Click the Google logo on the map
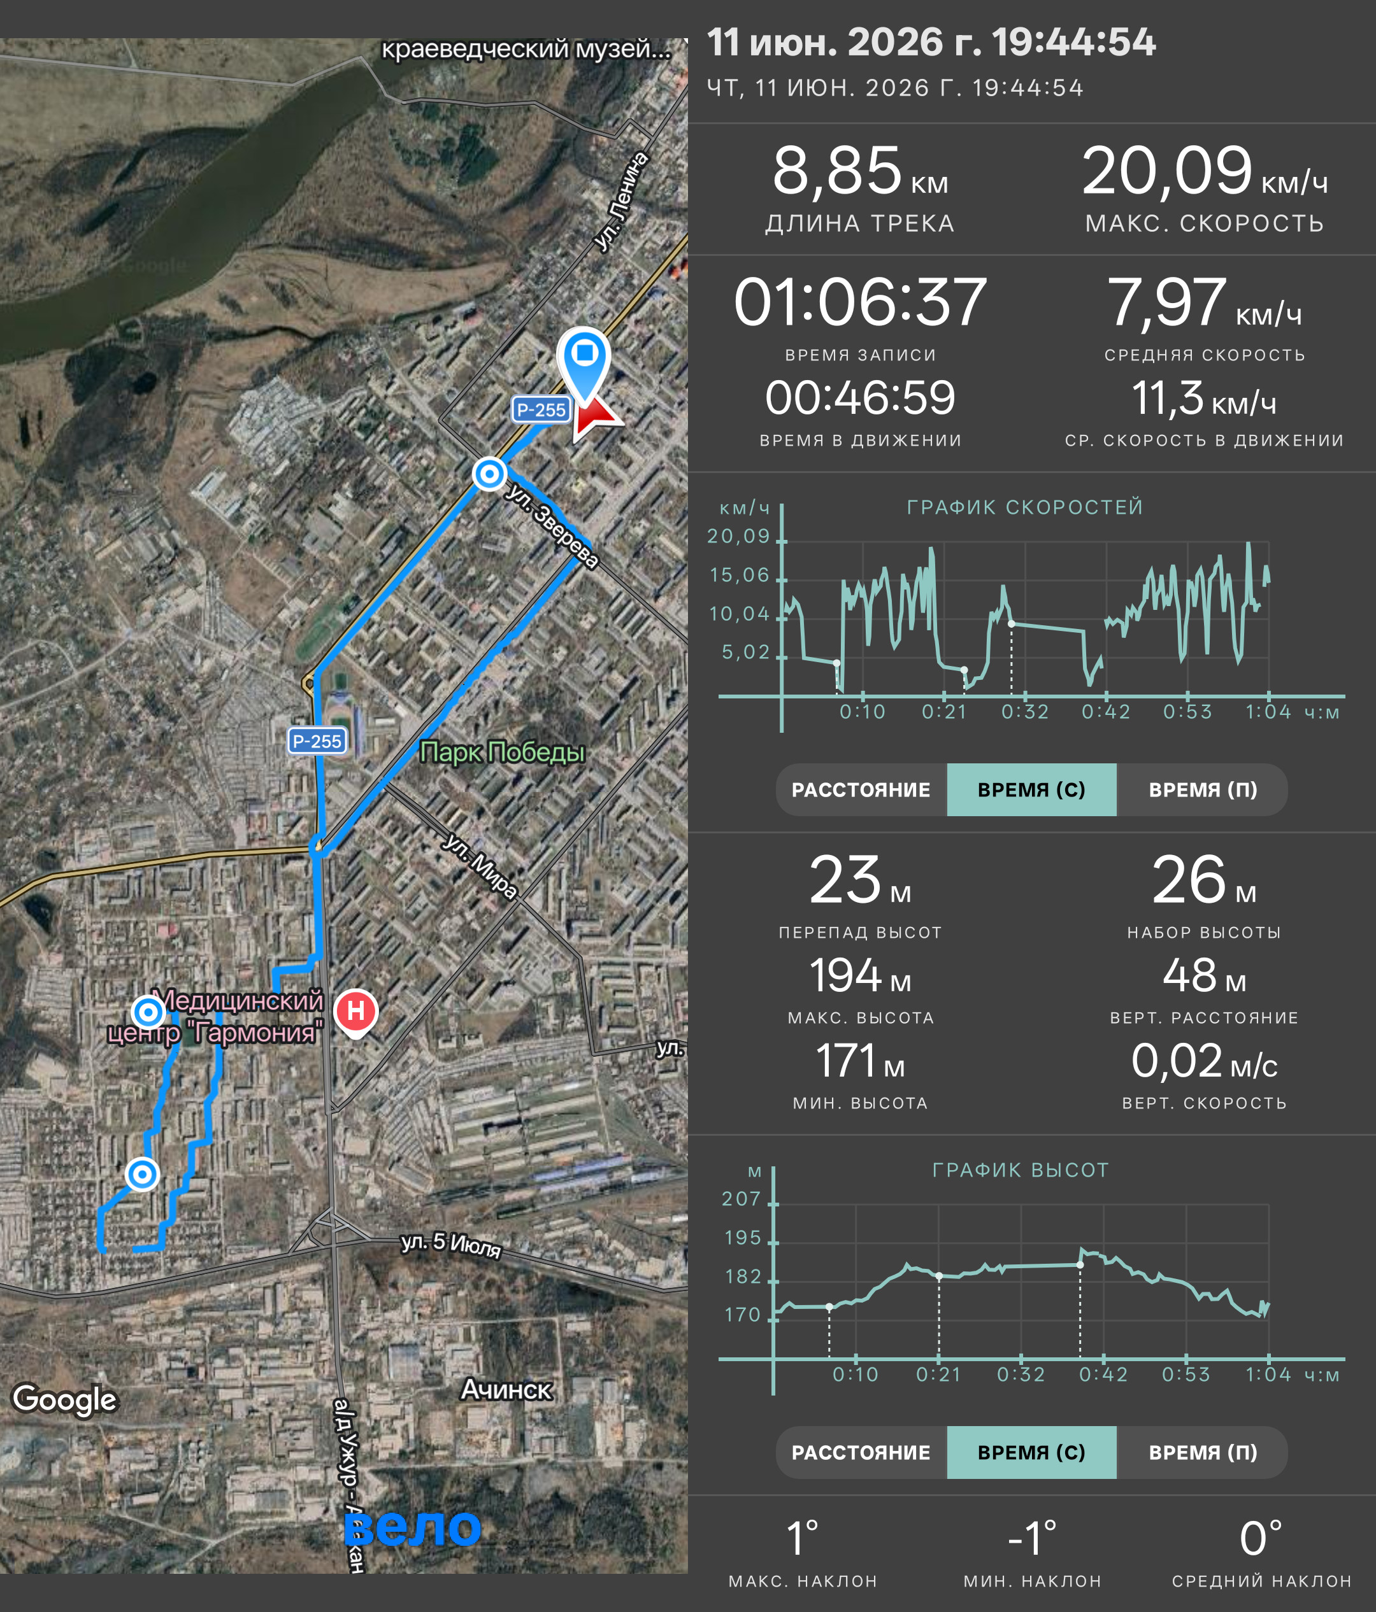(64, 1399)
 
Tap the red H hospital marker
(355, 1012)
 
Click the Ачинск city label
(506, 1390)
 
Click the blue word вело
(413, 1527)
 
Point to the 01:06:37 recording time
(860, 302)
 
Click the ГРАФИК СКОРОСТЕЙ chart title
(1025, 507)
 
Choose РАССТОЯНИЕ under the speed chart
(861, 789)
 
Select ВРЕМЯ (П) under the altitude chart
(1203, 1452)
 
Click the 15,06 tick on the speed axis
(740, 575)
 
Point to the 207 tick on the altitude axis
(741, 1199)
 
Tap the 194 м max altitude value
(860, 975)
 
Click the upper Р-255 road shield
(541, 410)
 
